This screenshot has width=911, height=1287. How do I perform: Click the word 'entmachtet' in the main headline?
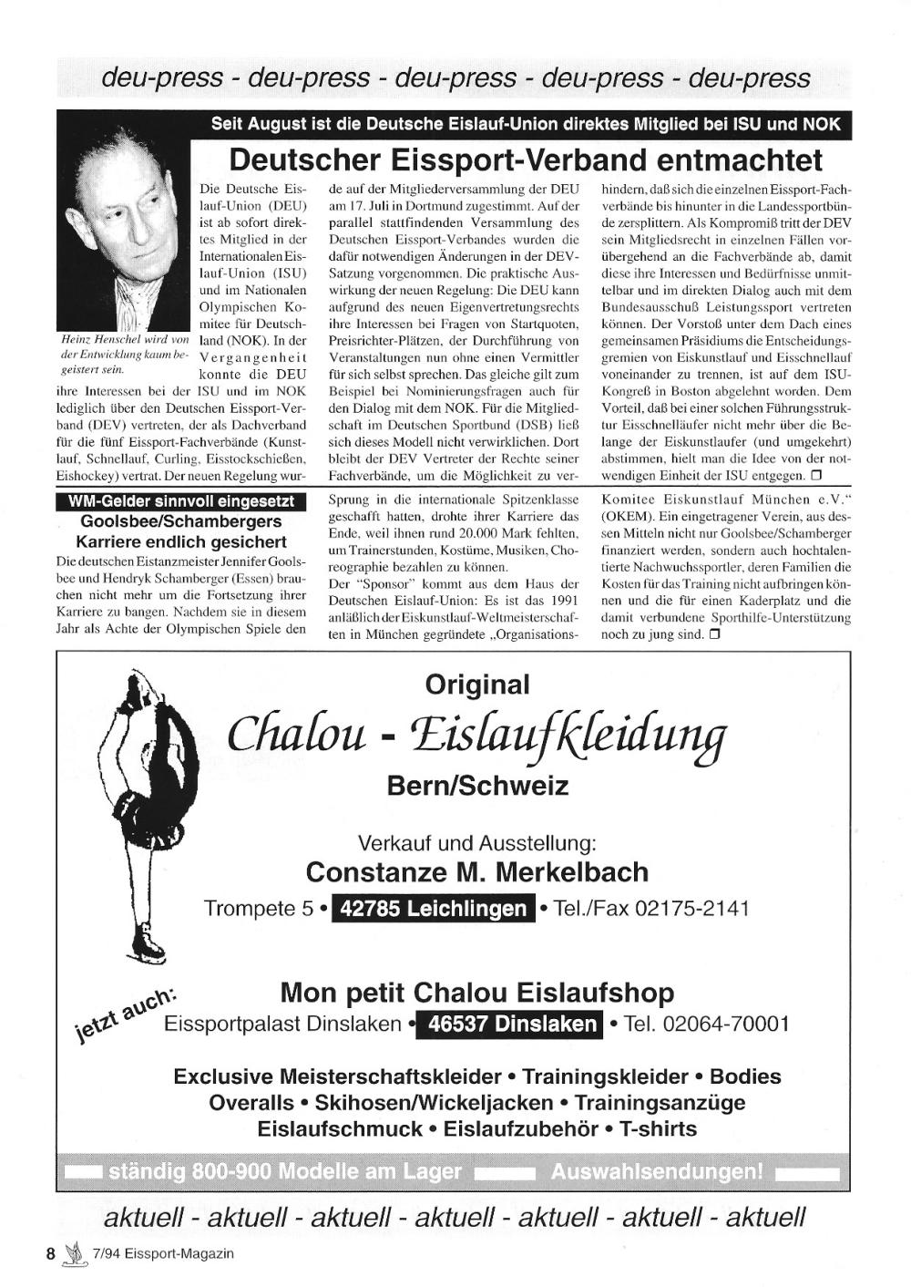pyautogui.click(x=739, y=160)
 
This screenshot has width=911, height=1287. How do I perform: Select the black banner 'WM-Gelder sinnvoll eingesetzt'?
pyautogui.click(x=180, y=502)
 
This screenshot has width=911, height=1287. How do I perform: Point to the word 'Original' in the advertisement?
pyautogui.click(x=477, y=685)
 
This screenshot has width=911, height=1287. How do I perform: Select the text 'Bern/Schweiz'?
pyautogui.click(x=477, y=786)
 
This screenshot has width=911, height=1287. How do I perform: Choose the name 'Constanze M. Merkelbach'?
pyautogui.click(x=477, y=872)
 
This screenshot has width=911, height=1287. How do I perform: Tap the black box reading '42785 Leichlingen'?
pyautogui.click(x=433, y=909)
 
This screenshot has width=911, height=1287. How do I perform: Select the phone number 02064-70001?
pyautogui.click(x=726, y=1024)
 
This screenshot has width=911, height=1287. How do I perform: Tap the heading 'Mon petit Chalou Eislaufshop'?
pyautogui.click(x=477, y=992)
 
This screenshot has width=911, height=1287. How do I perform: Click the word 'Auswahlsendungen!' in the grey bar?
pyautogui.click(x=657, y=1171)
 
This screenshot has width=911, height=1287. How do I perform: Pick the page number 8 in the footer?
pyautogui.click(x=51, y=1253)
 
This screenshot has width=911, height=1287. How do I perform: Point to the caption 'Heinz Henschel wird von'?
pyautogui.click(x=123, y=339)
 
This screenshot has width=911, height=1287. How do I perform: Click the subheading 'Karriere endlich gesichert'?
pyautogui.click(x=180, y=541)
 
